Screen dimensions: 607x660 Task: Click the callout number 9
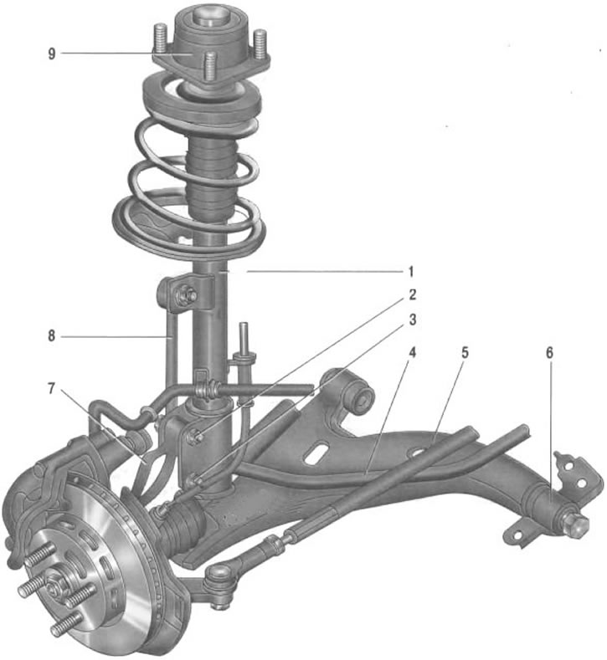tap(52, 54)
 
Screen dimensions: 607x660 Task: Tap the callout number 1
tap(411, 272)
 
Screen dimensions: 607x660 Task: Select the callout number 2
tap(412, 294)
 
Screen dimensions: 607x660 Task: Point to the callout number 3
tap(413, 320)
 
